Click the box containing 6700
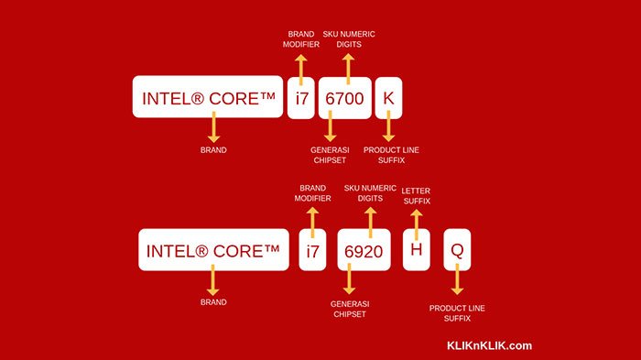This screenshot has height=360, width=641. [344, 96]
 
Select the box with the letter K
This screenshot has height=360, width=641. [388, 96]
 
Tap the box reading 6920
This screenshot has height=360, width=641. [364, 250]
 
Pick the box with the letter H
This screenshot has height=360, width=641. [417, 250]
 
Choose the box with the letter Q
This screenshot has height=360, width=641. [458, 250]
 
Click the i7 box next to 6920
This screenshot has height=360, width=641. [312, 250]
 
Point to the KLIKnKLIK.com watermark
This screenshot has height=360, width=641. [489, 345]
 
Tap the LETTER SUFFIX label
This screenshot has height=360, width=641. [416, 195]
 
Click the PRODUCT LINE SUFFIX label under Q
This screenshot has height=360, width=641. [457, 312]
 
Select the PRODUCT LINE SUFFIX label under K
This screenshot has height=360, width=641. [391, 154]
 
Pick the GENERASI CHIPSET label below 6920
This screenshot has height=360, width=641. [349, 308]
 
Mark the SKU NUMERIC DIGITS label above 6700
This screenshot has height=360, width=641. [349, 40]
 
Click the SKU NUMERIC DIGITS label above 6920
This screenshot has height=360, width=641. [370, 194]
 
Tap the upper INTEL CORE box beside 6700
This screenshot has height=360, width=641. [208, 96]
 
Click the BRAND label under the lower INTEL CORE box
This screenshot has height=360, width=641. [213, 301]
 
